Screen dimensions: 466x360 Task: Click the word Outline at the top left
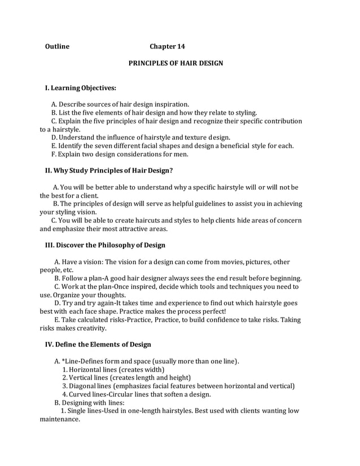tap(57, 46)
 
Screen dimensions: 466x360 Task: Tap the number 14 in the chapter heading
tap(180, 46)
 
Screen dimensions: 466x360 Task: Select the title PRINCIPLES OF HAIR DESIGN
tap(175, 63)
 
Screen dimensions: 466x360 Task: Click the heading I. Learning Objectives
tap(80, 88)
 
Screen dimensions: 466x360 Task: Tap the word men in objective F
tap(182, 154)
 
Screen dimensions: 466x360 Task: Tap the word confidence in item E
tap(224, 320)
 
